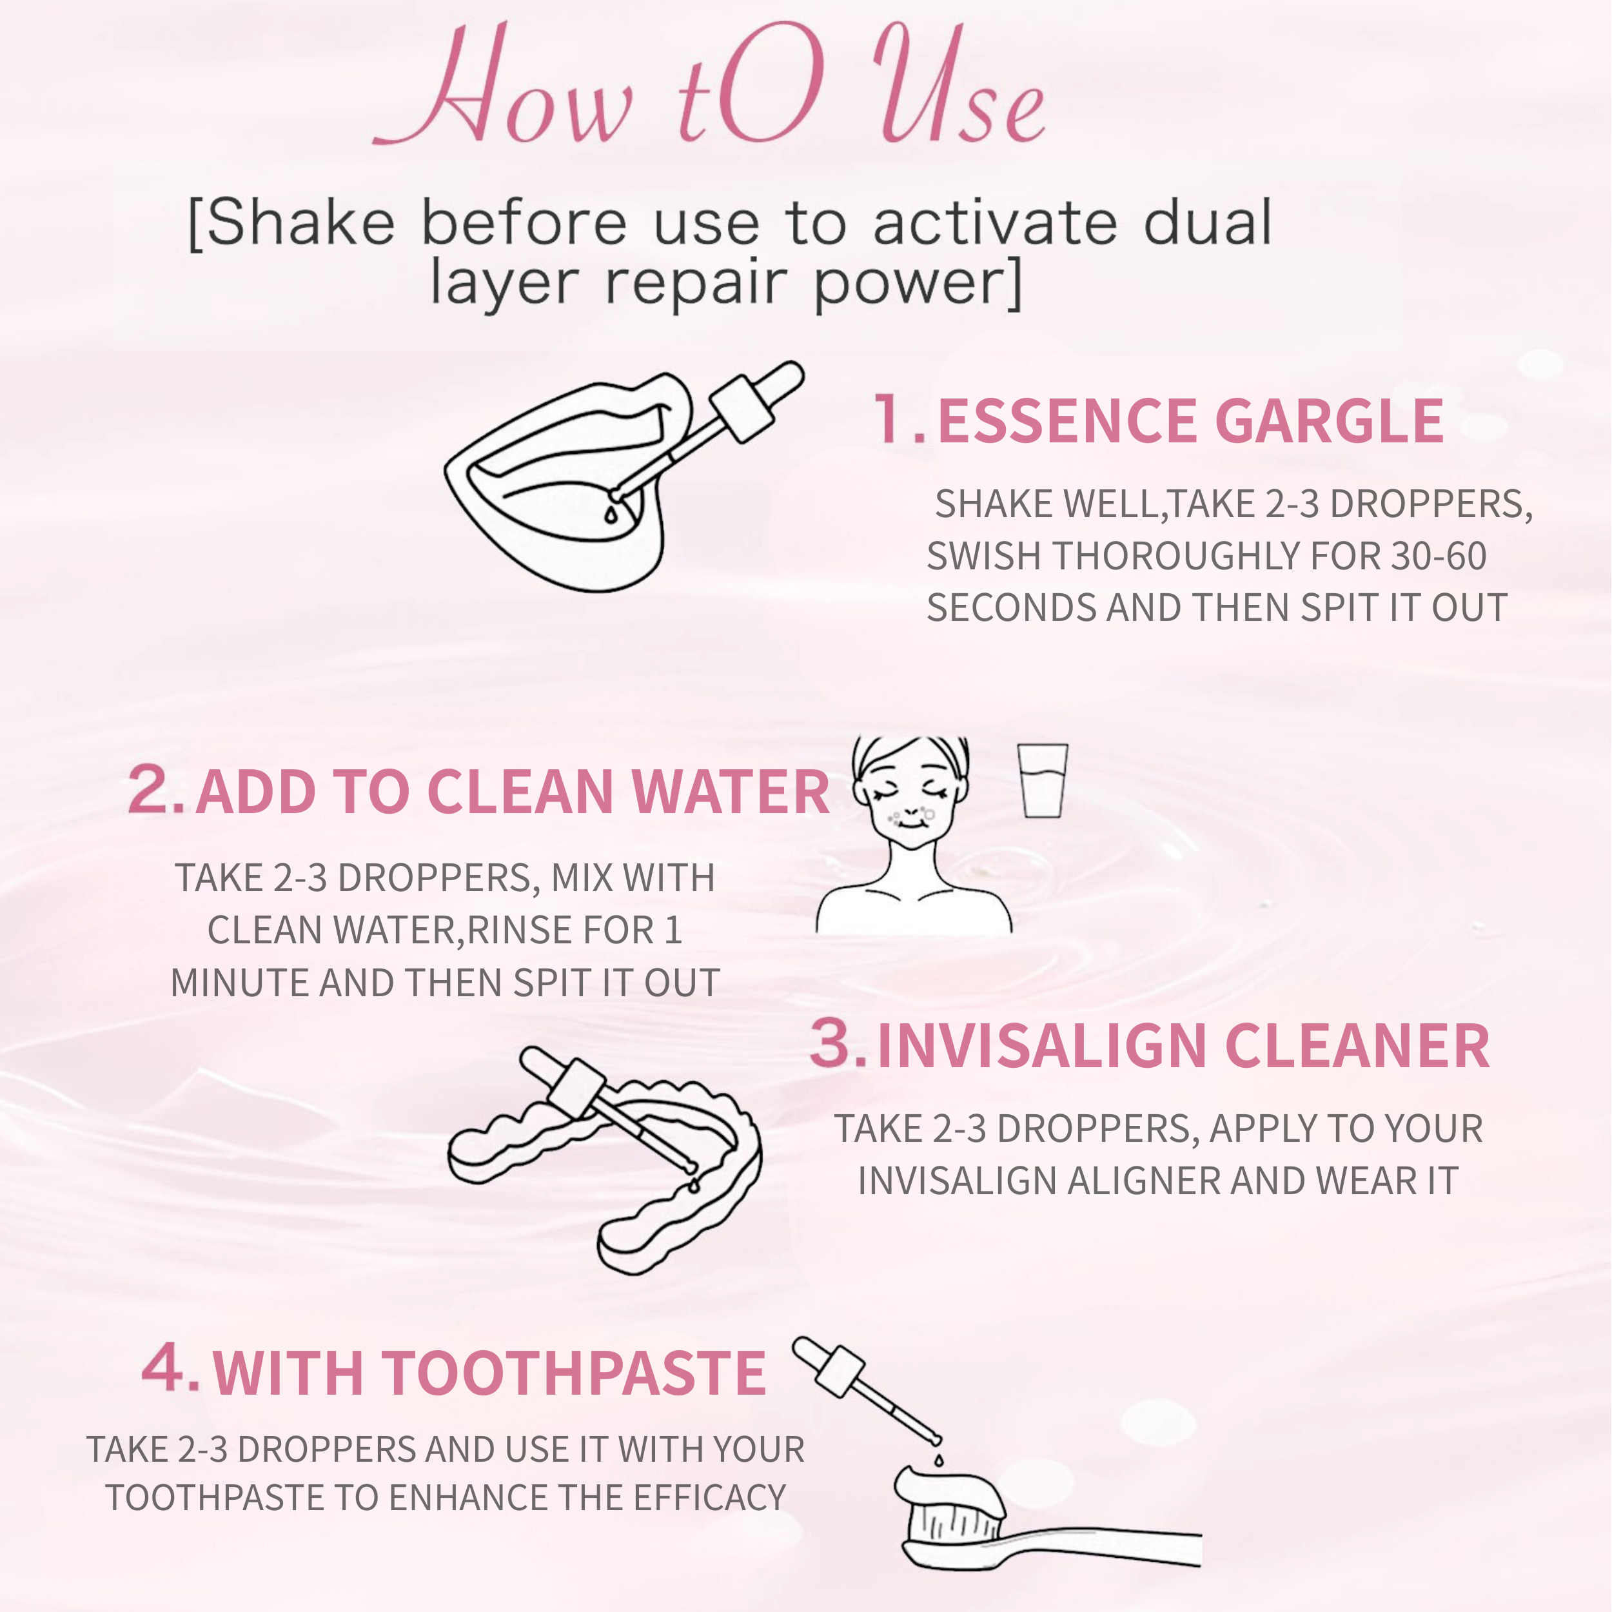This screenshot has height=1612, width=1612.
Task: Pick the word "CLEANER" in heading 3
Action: pos(1357,1045)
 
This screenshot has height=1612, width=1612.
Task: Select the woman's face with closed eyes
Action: pos(911,792)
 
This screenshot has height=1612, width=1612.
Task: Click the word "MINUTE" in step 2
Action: pos(241,983)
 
